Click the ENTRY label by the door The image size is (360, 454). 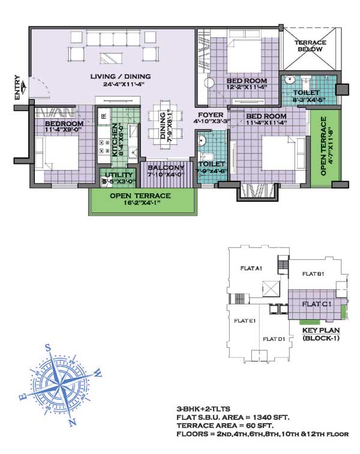[17, 88]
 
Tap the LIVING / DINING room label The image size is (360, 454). [121, 77]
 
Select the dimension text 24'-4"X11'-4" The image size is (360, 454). [124, 84]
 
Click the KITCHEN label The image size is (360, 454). [115, 140]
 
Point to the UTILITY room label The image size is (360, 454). [119, 175]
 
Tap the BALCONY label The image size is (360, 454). [166, 168]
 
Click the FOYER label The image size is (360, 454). [211, 115]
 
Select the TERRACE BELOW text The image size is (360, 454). [310, 46]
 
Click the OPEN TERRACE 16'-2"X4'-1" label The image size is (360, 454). [140, 199]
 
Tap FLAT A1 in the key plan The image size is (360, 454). [251, 268]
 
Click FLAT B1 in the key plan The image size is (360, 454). [313, 274]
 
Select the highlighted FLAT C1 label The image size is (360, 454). [317, 304]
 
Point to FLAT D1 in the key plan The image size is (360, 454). [274, 339]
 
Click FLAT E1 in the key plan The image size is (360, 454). [245, 321]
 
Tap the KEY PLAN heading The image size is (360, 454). [321, 330]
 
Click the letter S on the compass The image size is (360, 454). [48, 348]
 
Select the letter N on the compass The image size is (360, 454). [73, 422]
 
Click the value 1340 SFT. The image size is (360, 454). [271, 417]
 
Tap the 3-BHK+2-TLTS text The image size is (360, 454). [203, 409]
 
